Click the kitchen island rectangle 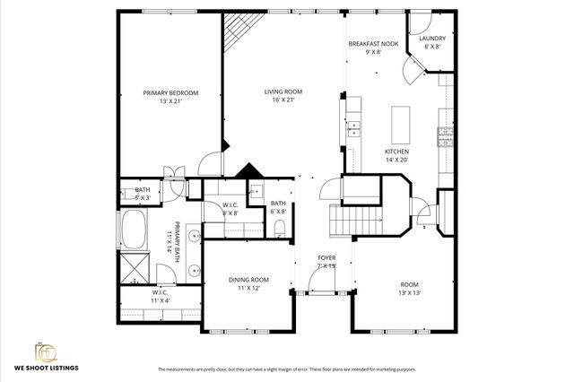coord(400,119)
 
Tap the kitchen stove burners coord(444,137)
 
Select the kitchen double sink coord(354,128)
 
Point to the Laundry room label coord(431,39)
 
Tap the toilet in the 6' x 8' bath coord(280,226)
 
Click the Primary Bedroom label coord(170,93)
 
